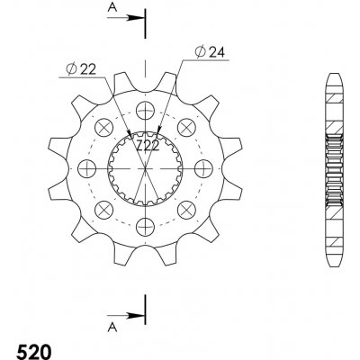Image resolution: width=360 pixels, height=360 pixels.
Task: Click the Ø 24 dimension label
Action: [x=210, y=52]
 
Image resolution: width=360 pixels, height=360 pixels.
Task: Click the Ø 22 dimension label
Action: [x=81, y=69]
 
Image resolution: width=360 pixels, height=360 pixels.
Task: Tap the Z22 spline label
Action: [x=148, y=146]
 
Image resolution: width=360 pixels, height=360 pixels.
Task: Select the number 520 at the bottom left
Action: [x=34, y=352]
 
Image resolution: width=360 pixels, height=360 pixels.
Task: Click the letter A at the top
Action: [x=112, y=8]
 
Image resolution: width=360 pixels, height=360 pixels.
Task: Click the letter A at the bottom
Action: [x=112, y=328]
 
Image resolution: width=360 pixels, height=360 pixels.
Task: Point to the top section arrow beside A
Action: [x=126, y=18]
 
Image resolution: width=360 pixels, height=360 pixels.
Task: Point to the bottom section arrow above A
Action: [x=126, y=316]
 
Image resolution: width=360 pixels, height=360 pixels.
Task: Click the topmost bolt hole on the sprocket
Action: [x=145, y=111]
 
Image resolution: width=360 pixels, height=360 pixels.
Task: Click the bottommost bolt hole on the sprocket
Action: [x=145, y=227]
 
